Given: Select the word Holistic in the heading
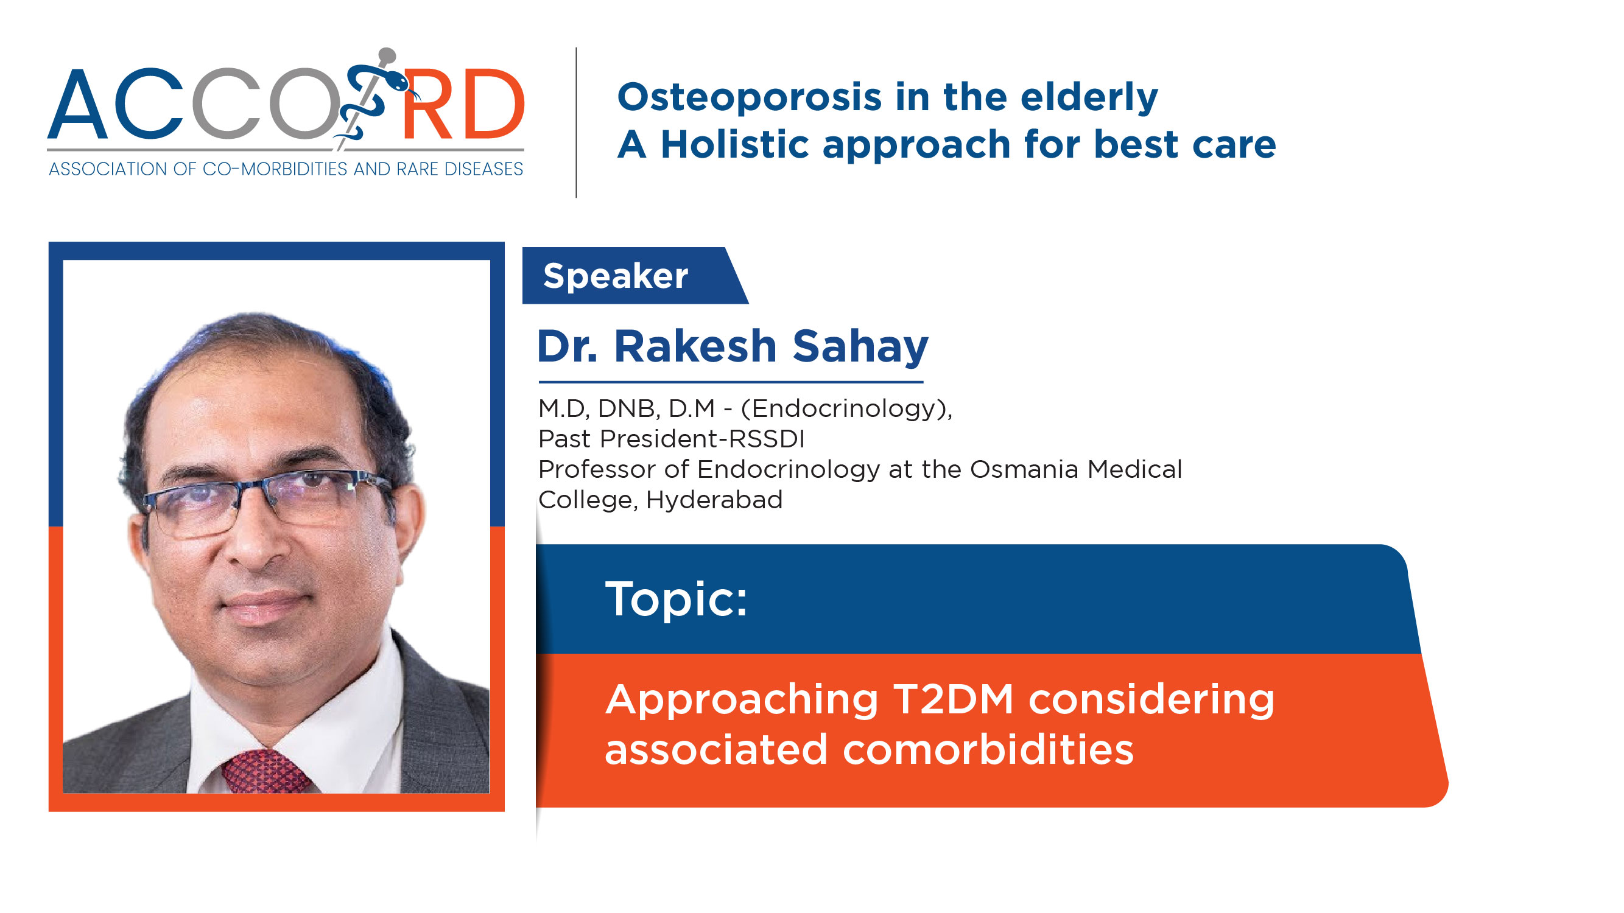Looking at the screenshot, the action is (734, 144).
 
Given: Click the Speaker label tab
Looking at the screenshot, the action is (635, 275).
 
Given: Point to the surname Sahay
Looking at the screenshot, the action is (860, 346).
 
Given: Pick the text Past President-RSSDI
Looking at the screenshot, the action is (672, 438).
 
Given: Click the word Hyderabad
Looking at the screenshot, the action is (714, 500).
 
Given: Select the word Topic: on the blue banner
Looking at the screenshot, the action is (677, 598).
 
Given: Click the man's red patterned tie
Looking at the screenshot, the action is (265, 771).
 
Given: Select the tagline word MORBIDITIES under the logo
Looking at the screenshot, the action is (296, 169).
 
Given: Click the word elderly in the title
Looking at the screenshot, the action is (1089, 98).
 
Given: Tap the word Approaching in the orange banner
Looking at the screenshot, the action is (742, 701).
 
